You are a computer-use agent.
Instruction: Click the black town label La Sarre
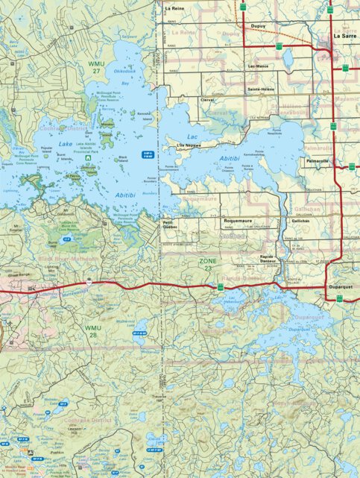[x=345, y=36]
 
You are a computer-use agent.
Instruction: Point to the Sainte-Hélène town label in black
[x=262, y=89]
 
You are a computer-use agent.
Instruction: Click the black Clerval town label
[x=206, y=99]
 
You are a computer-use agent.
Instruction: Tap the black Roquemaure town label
[x=234, y=221]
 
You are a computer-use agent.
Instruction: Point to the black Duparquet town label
[x=339, y=286]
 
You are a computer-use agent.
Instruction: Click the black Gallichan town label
[x=300, y=221]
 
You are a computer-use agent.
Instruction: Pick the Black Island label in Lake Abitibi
[x=123, y=158]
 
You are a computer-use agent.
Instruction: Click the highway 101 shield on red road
[x=88, y=284]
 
